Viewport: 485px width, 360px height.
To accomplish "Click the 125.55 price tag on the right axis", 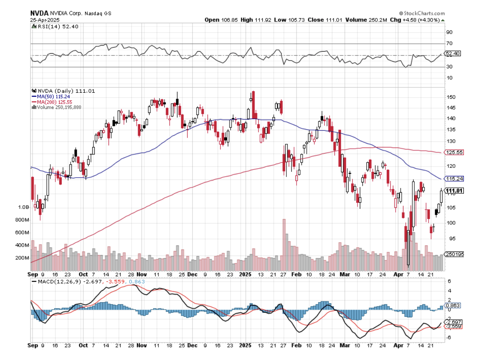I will tap(455, 152).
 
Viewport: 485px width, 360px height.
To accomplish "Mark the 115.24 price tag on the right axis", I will tap(455, 178).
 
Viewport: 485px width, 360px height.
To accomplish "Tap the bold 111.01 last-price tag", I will tap(455, 191).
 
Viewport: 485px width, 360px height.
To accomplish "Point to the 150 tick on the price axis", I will tap(450, 97).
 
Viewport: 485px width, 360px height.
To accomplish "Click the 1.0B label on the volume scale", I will tap(23, 207).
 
